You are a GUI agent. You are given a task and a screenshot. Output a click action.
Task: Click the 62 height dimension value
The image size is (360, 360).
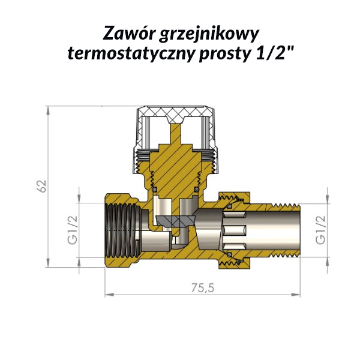tap(42, 186)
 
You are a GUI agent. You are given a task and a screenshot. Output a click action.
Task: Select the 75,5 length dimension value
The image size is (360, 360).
tap(203, 288)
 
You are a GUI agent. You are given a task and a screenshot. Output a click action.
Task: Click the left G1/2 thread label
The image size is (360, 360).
tap(73, 230)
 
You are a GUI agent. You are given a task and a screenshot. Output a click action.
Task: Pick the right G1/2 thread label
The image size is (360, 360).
tap(320, 230)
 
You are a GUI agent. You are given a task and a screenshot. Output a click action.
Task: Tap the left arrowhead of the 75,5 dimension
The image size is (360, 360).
tap(109, 295)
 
